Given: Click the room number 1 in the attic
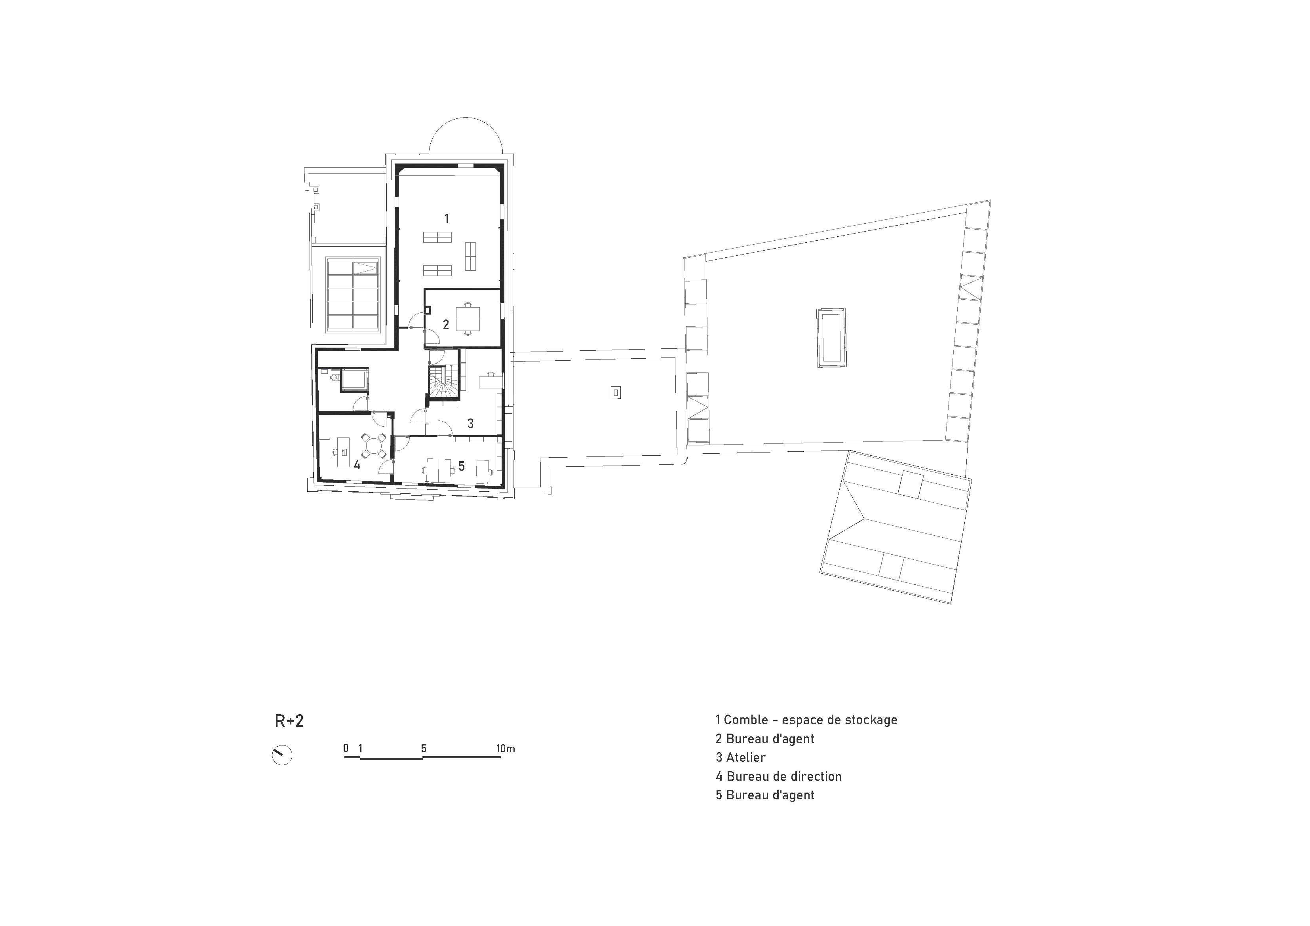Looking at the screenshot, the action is pos(447,219).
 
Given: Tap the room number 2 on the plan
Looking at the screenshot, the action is pos(446,325).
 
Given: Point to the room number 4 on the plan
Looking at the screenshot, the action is pos(357,465).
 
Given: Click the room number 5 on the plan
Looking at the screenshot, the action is pos(462,466).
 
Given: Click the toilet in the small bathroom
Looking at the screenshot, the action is pos(335,376).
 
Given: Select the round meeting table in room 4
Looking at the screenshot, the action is pos(374,445).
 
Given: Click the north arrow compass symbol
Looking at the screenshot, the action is pos(282,755).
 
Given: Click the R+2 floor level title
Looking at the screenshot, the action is pos(289,721).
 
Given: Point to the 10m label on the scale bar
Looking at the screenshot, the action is pos(506,749).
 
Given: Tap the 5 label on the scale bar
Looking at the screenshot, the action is pos(423,749).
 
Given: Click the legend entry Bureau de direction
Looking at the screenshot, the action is pos(779,776).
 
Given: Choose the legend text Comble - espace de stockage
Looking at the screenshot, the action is pos(806,720).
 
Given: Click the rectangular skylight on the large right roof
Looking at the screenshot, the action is pos(831,339).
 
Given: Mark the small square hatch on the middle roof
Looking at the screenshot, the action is pos(615,393).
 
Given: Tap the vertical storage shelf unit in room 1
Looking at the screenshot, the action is pos(470,256).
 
